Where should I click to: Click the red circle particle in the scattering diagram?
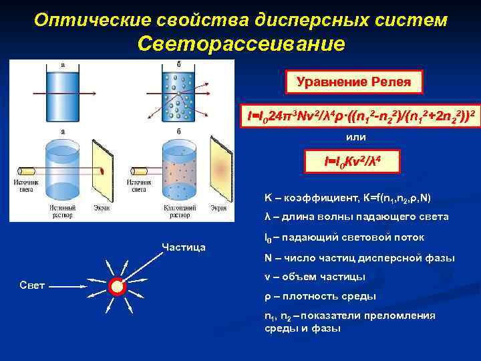(x=118, y=286)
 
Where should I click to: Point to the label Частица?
(x=184, y=247)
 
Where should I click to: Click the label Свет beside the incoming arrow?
(x=31, y=285)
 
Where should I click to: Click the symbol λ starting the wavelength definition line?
(x=267, y=217)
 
